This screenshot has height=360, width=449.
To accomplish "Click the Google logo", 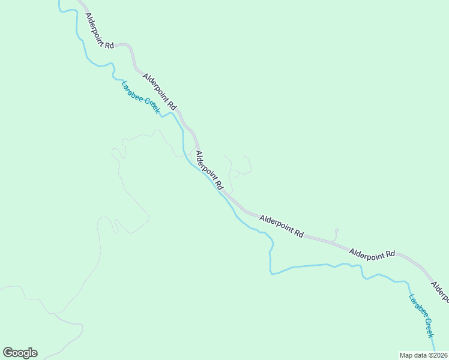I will [20, 353].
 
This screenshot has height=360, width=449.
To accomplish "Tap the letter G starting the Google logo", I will [8, 353].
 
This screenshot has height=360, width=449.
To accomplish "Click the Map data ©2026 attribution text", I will [423, 355].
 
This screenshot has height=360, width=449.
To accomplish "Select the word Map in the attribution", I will [406, 355].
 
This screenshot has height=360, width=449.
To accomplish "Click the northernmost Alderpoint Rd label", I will [99, 31].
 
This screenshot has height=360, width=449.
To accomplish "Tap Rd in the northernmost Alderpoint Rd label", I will [109, 45].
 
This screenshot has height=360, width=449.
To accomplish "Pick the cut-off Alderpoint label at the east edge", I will [440, 290].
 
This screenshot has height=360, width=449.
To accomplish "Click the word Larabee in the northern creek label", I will [132, 90].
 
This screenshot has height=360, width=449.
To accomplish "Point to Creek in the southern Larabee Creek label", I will [428, 328].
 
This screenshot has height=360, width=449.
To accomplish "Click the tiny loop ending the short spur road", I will [337, 230].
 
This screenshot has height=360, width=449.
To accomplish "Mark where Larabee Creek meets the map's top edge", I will [59, 1].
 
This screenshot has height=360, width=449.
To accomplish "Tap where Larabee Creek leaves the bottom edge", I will [435, 358].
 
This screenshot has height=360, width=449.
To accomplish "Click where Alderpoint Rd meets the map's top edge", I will [80, 1].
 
